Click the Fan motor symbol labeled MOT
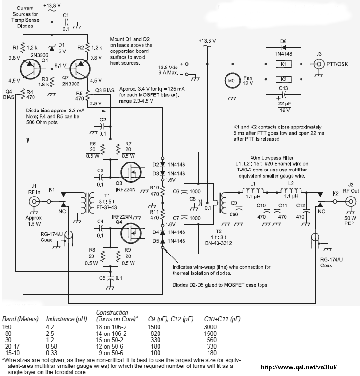pyautogui.click(x=232, y=80)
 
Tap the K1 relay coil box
pyautogui.click(x=282, y=63)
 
